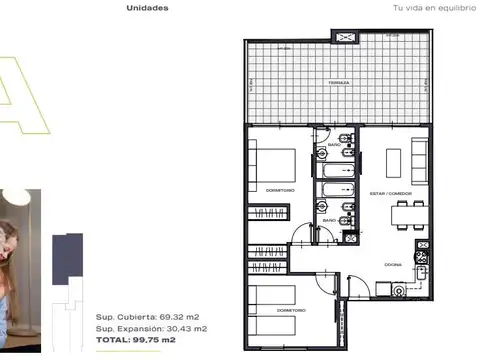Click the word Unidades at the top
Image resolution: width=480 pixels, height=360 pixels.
[147, 8]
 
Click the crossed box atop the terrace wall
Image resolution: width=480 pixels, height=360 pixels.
[346, 36]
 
